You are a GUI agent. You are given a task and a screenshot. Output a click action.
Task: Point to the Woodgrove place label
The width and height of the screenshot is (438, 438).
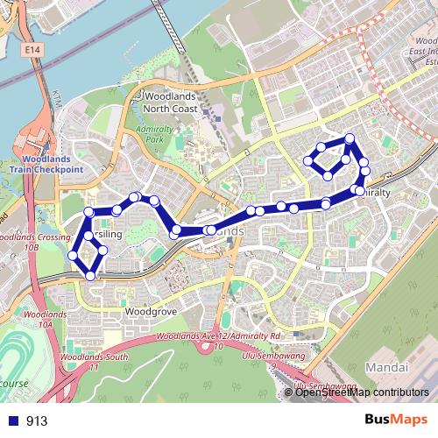[x=152, y=311]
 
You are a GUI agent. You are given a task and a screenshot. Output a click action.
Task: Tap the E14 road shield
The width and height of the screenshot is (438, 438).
[x=33, y=54]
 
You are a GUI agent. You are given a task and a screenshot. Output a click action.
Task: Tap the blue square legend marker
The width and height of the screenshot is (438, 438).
[x=15, y=420]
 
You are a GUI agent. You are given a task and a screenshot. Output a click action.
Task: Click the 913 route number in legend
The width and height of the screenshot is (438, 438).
[x=37, y=420]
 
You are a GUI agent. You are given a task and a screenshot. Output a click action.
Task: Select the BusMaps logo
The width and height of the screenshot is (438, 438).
[x=395, y=419]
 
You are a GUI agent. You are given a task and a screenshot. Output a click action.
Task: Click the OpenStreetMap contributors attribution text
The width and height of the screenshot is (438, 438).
[x=363, y=393]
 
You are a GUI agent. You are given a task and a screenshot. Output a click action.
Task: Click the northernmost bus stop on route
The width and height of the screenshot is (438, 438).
[x=350, y=138]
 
